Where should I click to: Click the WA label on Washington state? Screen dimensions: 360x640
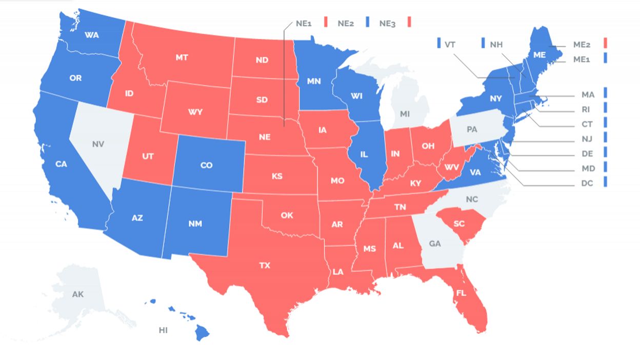pyautogui.click(x=92, y=35)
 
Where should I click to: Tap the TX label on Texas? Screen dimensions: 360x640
pyautogui.click(x=264, y=265)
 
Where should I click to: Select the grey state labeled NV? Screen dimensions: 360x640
pyautogui.click(x=98, y=144)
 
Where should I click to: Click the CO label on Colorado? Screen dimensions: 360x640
pyautogui.click(x=206, y=165)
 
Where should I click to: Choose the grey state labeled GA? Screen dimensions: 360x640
pyautogui.click(x=434, y=244)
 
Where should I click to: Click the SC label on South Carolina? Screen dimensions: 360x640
pyautogui.click(x=459, y=224)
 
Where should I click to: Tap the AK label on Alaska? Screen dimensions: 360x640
pyautogui.click(x=77, y=294)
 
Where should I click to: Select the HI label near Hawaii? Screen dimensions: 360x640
pyautogui.click(x=163, y=330)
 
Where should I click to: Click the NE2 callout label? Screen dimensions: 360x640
pyautogui.click(x=346, y=23)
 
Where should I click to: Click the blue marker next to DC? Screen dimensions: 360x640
pyautogui.click(x=606, y=182)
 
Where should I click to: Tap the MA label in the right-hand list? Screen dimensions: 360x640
pyautogui.click(x=588, y=95)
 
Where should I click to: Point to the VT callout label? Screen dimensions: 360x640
pyautogui.click(x=450, y=45)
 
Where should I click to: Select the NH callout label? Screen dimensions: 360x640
pyautogui.click(x=496, y=45)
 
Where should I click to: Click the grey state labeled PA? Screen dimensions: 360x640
pyautogui.click(x=472, y=130)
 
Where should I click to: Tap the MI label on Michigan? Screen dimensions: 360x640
pyautogui.click(x=405, y=113)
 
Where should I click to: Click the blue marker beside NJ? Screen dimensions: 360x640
pyautogui.click(x=606, y=137)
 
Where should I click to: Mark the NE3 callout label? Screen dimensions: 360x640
pyautogui.click(x=387, y=23)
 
